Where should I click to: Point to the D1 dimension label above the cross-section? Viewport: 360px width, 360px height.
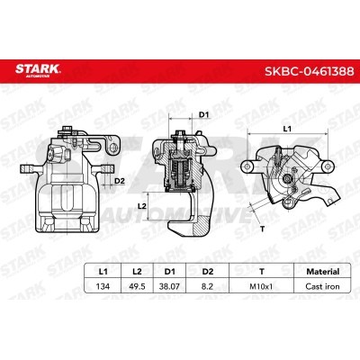tap(203, 115)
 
